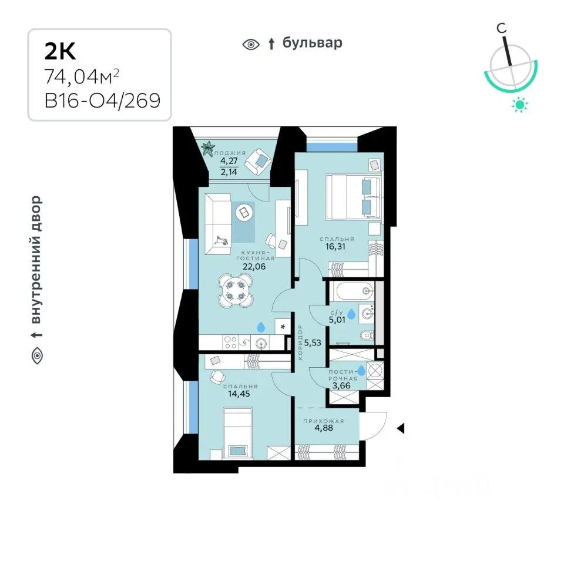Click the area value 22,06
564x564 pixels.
[x=254, y=267]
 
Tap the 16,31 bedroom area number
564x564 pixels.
[x=335, y=246]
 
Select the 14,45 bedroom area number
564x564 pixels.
[x=239, y=394]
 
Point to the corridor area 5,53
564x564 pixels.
[x=313, y=343]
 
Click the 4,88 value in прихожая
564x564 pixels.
[x=324, y=428]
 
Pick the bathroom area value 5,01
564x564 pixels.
[x=337, y=320]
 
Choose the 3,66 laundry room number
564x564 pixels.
[x=341, y=386]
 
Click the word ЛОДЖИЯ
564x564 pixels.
[x=230, y=153]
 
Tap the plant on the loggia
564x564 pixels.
[x=208, y=148]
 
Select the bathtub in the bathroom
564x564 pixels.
[x=352, y=291]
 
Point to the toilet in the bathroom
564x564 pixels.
[x=367, y=335]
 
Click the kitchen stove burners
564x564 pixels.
[x=230, y=342]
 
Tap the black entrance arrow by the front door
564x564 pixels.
[x=400, y=428]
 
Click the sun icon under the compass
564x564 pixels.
[x=520, y=105]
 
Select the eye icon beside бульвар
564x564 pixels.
[x=251, y=45]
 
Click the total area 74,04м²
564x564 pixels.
[x=82, y=76]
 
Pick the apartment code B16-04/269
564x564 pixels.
[x=102, y=100]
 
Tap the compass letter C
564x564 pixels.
[x=501, y=28]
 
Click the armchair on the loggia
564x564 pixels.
[x=257, y=162]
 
